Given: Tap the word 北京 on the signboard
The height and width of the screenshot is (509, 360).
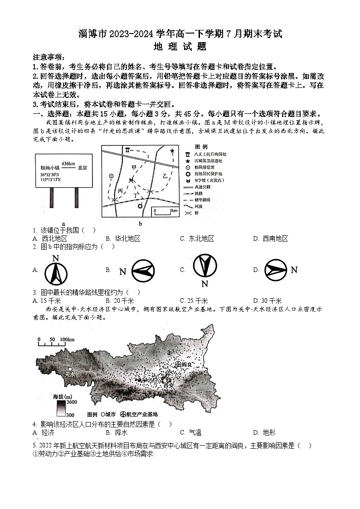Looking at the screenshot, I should pos(82,167).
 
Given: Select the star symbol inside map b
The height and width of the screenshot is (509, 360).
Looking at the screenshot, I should pos(172,150).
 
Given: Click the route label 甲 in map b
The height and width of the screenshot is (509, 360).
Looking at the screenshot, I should pos(133,167).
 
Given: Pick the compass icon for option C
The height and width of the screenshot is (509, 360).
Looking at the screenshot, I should pos(204,266).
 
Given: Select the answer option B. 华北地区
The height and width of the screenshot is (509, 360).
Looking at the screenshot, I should pos(123,238).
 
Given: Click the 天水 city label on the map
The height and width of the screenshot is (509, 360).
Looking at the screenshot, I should pos(69,374).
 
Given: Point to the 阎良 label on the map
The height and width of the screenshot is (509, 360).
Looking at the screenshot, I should pos(187,364).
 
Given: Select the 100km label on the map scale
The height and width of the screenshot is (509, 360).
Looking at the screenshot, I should pos(67,339).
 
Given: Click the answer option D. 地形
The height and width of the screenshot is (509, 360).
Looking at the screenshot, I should pos(264,432).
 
